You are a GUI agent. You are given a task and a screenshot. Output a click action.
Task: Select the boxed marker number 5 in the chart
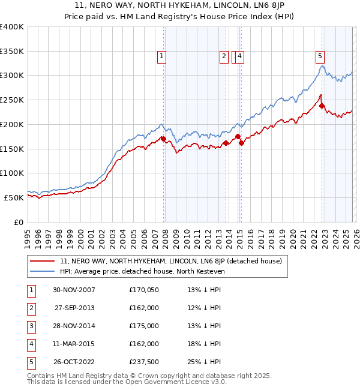[320, 56]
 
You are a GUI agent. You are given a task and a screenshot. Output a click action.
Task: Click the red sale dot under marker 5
[322, 106]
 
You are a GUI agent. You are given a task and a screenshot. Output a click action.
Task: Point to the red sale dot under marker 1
[164, 139]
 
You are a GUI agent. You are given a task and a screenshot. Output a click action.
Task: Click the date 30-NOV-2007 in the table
[74, 290]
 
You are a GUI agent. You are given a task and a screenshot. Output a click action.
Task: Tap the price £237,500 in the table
[144, 362]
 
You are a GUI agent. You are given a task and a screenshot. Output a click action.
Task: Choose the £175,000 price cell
[144, 326]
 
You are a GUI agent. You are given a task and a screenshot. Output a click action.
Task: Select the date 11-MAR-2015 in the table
[74, 344]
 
